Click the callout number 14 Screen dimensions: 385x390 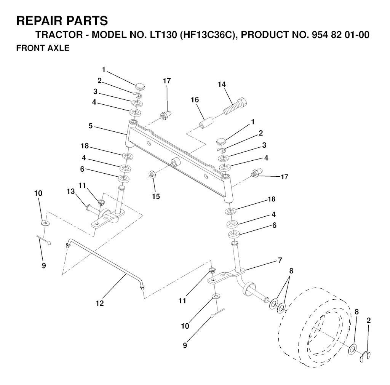(x=222, y=85)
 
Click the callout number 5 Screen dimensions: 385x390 (x=90, y=126)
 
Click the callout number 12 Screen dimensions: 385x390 (x=100, y=303)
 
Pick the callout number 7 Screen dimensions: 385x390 (x=280, y=260)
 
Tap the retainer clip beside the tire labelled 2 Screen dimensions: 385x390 (x=366, y=356)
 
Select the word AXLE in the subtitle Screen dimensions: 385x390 (x=58, y=49)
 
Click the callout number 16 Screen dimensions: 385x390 (x=195, y=100)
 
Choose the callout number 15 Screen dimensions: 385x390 (x=155, y=196)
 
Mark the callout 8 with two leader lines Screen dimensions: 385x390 (x=291, y=271)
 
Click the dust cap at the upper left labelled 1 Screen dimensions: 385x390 (x=140, y=84)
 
